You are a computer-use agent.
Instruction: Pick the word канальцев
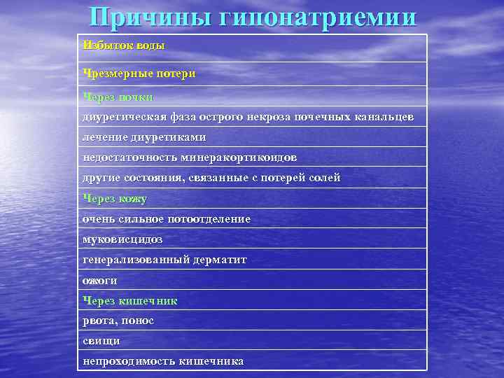point(386,116)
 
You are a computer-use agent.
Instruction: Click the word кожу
point(133,199)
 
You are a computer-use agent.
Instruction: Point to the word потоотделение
point(208,218)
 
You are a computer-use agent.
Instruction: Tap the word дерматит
point(218,260)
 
